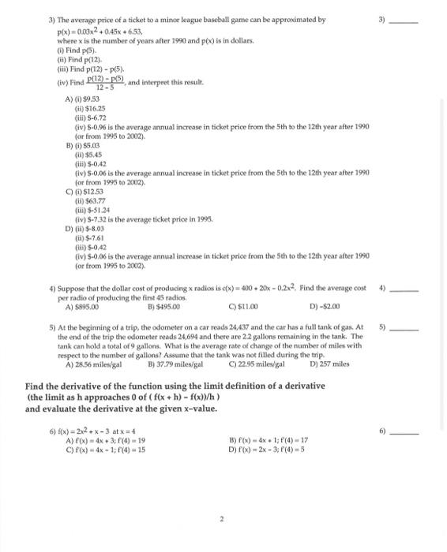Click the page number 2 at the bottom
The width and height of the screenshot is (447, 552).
click(x=223, y=497)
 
